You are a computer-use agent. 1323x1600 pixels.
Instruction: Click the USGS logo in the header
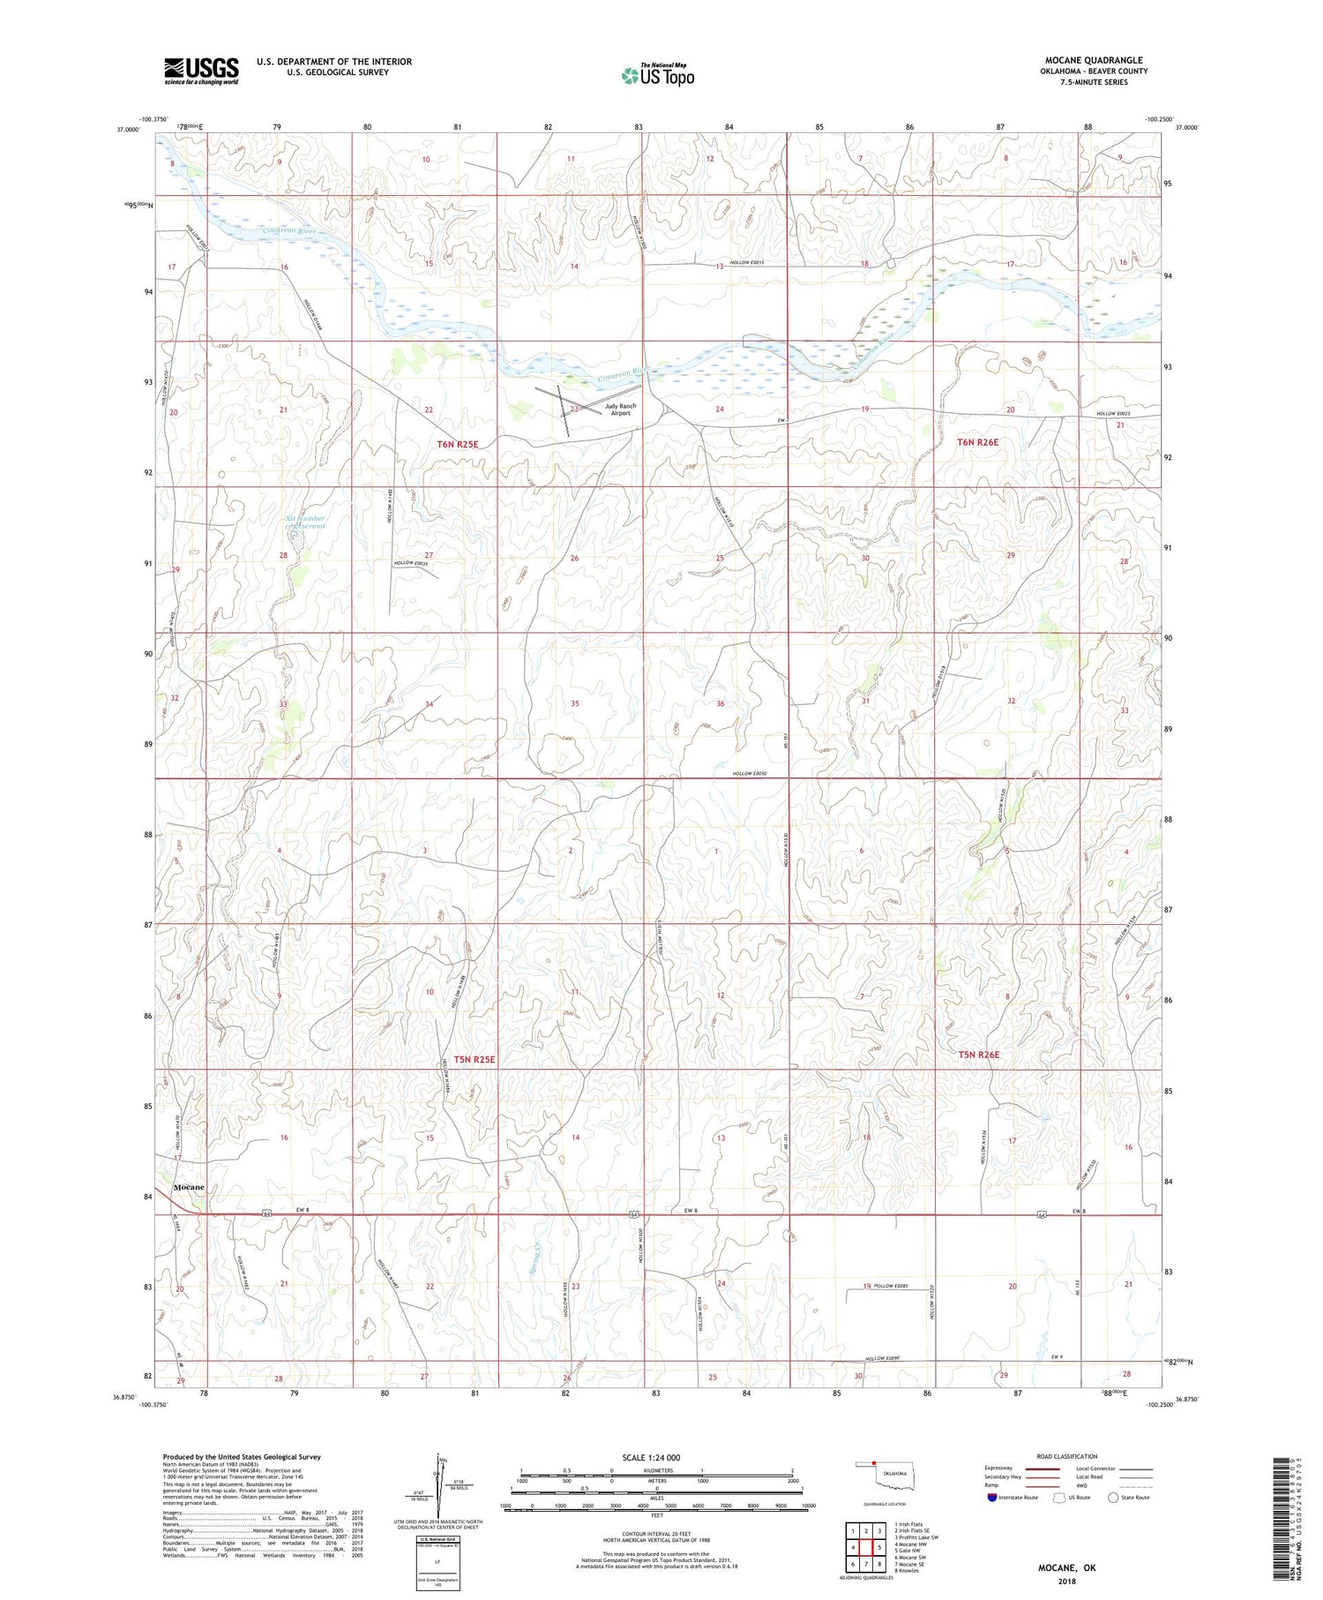tap(201, 71)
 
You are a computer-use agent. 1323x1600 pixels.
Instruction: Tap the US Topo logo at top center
tap(657, 76)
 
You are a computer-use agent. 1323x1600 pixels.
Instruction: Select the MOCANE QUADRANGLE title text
tap(1093, 60)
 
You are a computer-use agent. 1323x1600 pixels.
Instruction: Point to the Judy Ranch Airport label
tap(620, 409)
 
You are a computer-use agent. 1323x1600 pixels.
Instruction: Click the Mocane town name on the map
tap(189, 1187)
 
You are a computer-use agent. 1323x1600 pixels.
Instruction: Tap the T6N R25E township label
tap(457, 444)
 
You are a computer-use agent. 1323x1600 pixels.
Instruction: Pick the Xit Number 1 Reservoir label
tap(306, 522)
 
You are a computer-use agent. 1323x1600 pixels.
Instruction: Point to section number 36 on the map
tap(721, 703)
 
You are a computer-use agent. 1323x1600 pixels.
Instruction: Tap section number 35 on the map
tap(575, 703)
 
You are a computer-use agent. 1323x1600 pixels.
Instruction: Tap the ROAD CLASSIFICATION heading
tap(1067, 1456)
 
